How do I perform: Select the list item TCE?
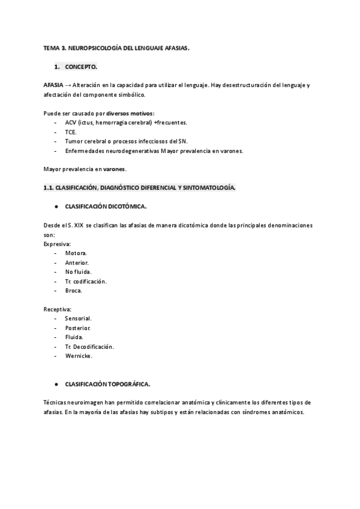71,131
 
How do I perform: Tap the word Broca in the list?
73,291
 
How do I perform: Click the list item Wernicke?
79,356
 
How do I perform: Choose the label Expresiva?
57,245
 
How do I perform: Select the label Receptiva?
58,310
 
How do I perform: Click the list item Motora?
76,253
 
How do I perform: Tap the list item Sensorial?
78,319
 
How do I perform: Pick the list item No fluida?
78,272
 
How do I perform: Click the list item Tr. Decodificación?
89,346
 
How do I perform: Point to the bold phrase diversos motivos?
134,113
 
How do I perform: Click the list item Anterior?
77,263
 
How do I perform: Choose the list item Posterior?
78,328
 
